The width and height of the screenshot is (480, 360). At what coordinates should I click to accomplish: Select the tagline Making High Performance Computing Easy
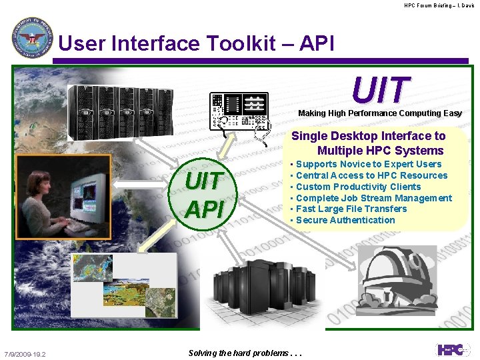click(x=379, y=113)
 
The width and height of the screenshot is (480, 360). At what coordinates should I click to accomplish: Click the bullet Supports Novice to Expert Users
click(x=368, y=164)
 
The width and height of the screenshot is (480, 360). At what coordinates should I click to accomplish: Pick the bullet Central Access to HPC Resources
click(x=371, y=175)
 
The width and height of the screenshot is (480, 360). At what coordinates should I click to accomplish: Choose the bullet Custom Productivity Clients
click(x=358, y=187)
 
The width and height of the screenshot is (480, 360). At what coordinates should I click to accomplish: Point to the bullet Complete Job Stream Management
click(x=373, y=198)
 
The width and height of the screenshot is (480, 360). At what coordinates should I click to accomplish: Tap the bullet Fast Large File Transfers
click(x=351, y=209)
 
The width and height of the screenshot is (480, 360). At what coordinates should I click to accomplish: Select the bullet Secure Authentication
click(x=345, y=220)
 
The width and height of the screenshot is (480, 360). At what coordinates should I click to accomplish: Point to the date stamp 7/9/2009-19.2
click(x=25, y=354)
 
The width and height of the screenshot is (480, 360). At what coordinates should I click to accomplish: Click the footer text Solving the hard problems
click(x=245, y=353)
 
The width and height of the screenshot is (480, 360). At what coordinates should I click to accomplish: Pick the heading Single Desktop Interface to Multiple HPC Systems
click(x=369, y=143)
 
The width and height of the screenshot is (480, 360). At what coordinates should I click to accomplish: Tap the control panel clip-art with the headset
click(x=240, y=110)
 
